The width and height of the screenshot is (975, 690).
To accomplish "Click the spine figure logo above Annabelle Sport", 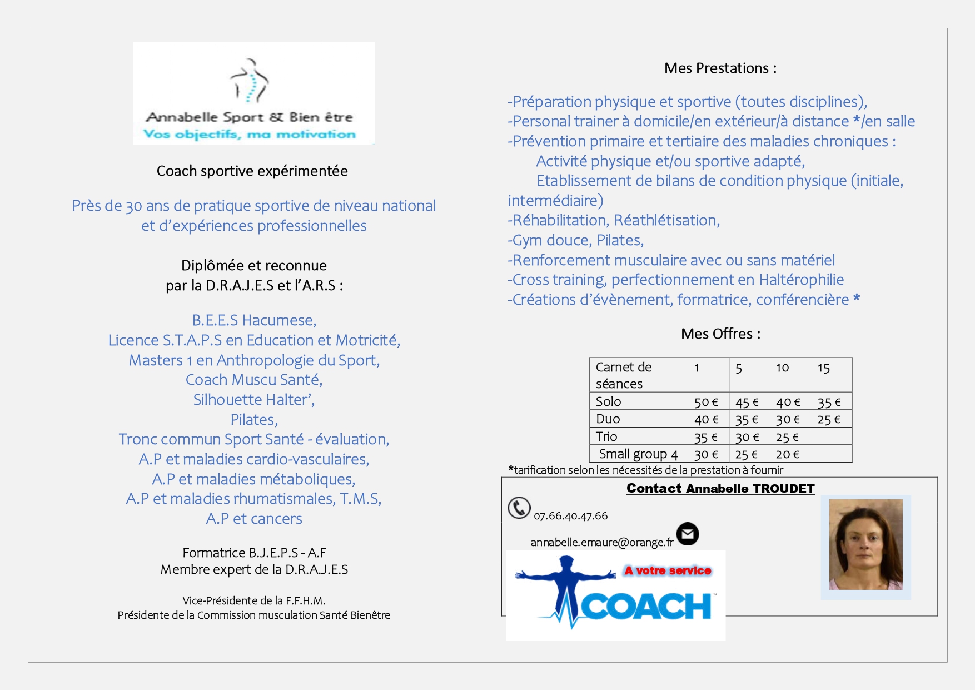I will tap(250, 81).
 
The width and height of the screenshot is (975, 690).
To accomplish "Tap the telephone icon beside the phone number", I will tap(519, 508).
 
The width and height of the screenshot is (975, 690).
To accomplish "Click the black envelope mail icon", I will tap(688, 534).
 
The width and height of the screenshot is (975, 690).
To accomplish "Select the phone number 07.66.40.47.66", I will tap(570, 516).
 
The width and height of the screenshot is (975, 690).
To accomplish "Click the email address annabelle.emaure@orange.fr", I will tap(601, 543).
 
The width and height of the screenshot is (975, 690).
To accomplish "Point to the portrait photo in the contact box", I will tap(865, 544).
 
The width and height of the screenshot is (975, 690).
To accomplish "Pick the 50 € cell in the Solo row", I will tap(706, 402).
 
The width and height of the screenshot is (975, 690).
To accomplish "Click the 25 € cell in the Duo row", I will tap(829, 420).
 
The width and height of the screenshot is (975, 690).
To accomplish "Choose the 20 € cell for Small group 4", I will tap(787, 454).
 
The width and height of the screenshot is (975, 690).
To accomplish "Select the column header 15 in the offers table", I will tap(823, 368).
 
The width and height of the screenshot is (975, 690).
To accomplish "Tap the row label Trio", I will tap(606, 436).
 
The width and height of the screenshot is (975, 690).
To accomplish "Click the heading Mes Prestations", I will tap(720, 68).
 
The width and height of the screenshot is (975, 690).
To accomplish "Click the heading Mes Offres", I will tap(720, 334).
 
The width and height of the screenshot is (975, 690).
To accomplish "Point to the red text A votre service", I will tap(668, 570).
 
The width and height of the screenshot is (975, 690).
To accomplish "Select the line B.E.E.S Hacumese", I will tap(254, 320).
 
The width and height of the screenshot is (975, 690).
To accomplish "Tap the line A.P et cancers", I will tap(254, 519).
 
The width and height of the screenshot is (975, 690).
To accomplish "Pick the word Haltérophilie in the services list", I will tap(801, 280).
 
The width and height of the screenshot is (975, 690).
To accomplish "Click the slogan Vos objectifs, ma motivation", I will tap(250, 135).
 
